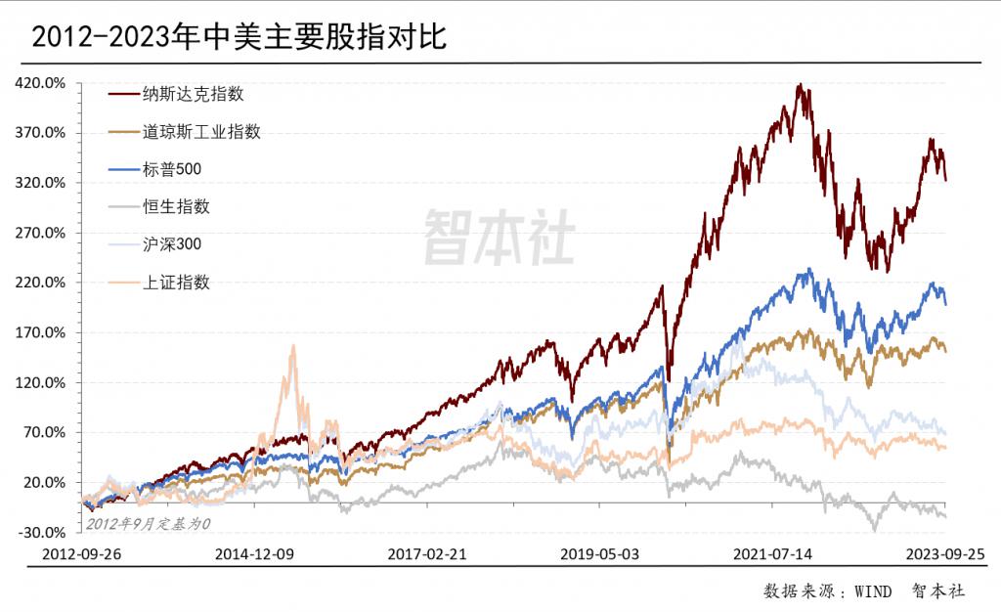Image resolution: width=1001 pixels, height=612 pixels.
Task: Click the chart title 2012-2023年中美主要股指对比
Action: pyautogui.click(x=239, y=37)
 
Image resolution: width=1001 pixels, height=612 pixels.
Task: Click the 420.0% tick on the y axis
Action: pyautogui.click(x=41, y=83)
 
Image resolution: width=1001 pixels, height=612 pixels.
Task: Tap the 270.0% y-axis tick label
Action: pyautogui.click(x=41, y=233)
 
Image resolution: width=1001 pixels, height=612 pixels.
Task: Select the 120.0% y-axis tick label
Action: pyautogui.click(x=41, y=382)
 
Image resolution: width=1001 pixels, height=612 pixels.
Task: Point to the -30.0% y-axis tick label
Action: pyautogui.click(x=41, y=532)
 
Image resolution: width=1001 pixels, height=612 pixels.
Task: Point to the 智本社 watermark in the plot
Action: pyautogui.click(x=499, y=239)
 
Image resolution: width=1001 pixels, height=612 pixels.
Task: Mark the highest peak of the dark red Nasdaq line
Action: pyautogui.click(x=801, y=85)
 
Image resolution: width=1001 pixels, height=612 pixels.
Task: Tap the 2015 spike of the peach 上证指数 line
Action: pyautogui.click(x=292, y=346)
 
